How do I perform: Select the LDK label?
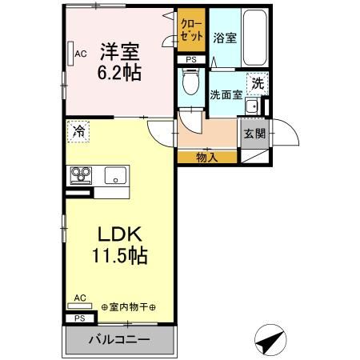pyautogui.click(x=121, y=236)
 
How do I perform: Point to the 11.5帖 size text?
pyautogui.click(x=121, y=258)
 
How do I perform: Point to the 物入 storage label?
pyautogui.click(x=206, y=157)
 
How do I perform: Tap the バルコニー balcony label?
pyautogui.click(x=118, y=340)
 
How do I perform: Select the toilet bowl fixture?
pyautogui.click(x=190, y=82)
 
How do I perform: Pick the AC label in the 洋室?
pyautogui.click(x=80, y=54)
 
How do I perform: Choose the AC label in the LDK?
pyautogui.click(x=79, y=298)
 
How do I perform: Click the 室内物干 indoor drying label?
pyautogui.click(x=130, y=306)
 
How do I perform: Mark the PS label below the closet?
pyautogui.click(x=190, y=60)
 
